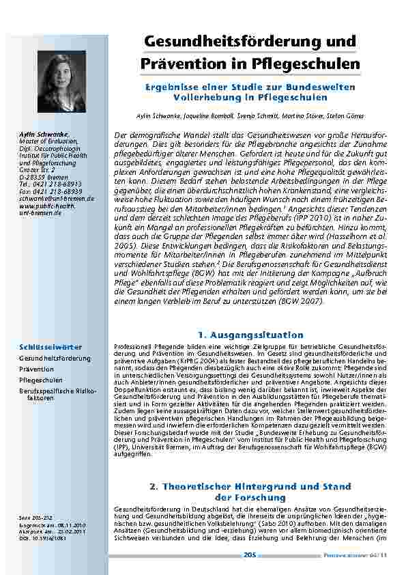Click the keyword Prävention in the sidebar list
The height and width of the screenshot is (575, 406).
(x=36, y=369)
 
